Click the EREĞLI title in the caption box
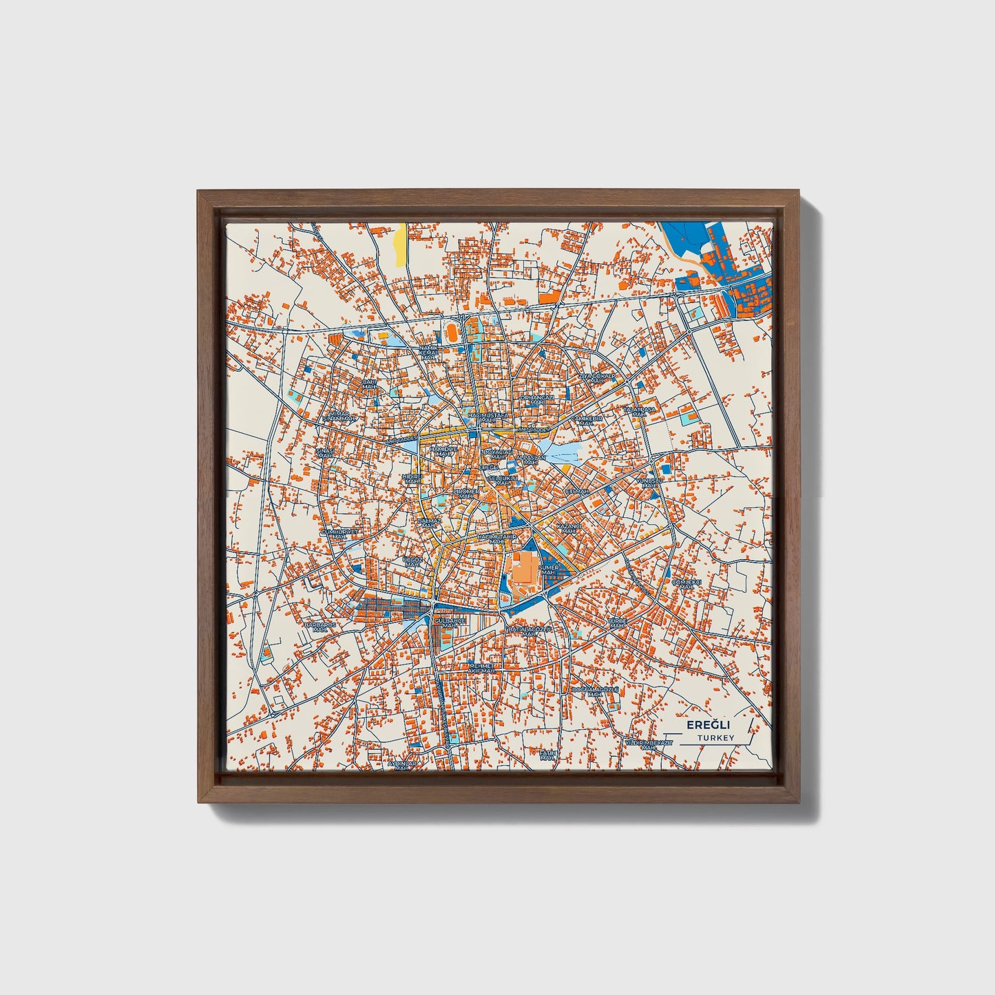click(x=708, y=725)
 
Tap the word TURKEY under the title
click(x=715, y=738)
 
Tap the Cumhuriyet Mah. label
click(x=339, y=534)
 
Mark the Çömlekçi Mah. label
click(x=686, y=584)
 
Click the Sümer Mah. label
click(x=549, y=569)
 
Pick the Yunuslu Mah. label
click(x=648, y=483)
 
